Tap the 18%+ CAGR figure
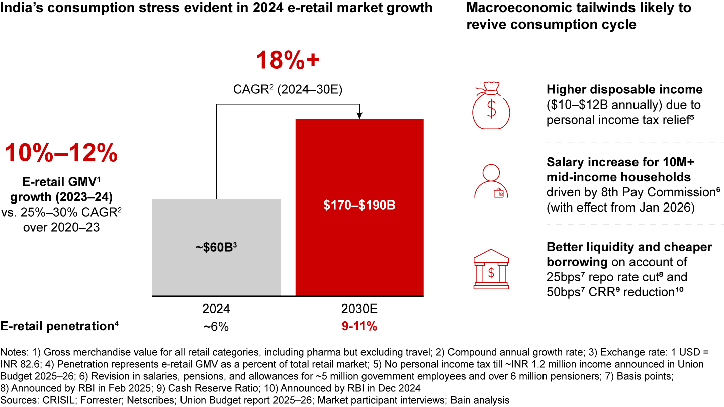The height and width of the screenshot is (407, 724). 288,61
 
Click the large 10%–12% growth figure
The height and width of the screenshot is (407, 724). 61,153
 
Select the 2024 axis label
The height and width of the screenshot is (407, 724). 216,308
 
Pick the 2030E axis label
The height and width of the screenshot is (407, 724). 359,308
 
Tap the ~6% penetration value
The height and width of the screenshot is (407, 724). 216,327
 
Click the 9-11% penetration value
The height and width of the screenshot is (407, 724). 359,327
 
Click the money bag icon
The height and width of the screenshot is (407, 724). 491,106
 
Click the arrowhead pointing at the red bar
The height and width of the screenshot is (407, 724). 359,116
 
